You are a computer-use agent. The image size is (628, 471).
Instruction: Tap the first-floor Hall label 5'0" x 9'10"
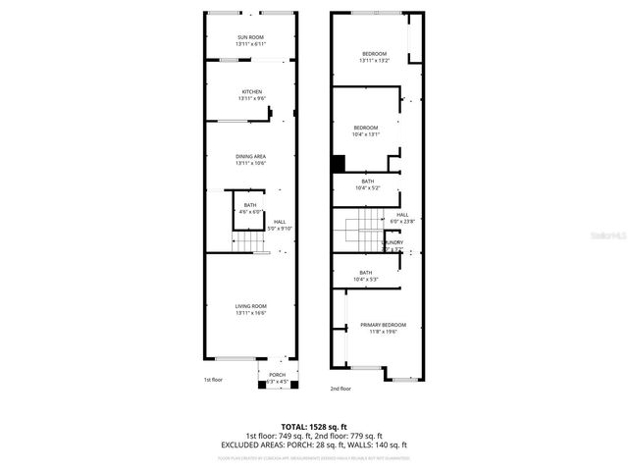point(280,225)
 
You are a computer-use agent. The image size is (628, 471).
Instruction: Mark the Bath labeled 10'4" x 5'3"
point(366,276)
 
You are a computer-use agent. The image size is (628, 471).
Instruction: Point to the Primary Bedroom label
point(383,328)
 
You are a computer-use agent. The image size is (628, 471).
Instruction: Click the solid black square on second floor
point(339,164)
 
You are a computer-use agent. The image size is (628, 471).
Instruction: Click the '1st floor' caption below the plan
point(213,380)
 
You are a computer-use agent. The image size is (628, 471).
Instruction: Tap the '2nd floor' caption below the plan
point(340,389)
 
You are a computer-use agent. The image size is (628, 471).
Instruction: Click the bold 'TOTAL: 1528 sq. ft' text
point(314,427)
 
